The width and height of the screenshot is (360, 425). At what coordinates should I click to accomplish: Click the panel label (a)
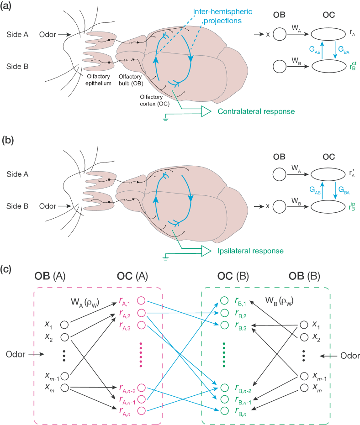pyautogui.click(x=6, y=6)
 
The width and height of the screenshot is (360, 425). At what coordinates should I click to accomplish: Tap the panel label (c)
pyautogui.click(x=6, y=269)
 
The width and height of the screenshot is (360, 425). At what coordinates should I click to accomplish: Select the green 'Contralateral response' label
pyautogui.click(x=256, y=111)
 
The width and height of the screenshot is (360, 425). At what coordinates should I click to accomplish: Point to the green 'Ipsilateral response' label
pyautogui.click(x=250, y=251)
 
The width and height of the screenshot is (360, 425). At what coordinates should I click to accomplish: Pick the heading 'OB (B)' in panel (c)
pyautogui.click(x=304, y=277)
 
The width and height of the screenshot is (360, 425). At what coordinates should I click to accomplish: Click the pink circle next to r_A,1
pyautogui.click(x=141, y=301)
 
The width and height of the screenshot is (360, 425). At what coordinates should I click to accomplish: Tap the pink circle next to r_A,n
pyautogui.click(x=141, y=411)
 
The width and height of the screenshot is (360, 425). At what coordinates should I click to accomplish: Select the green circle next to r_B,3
pyautogui.click(x=223, y=325)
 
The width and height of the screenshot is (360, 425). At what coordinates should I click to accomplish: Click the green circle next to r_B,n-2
pyautogui.click(x=223, y=388)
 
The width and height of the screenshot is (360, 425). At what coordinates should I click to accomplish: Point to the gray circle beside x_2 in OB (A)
pyautogui.click(x=64, y=337)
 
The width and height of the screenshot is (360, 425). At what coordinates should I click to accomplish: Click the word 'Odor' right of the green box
pyautogui.click(x=350, y=356)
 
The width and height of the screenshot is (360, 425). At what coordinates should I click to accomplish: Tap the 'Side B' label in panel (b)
pyautogui.click(x=17, y=206)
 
